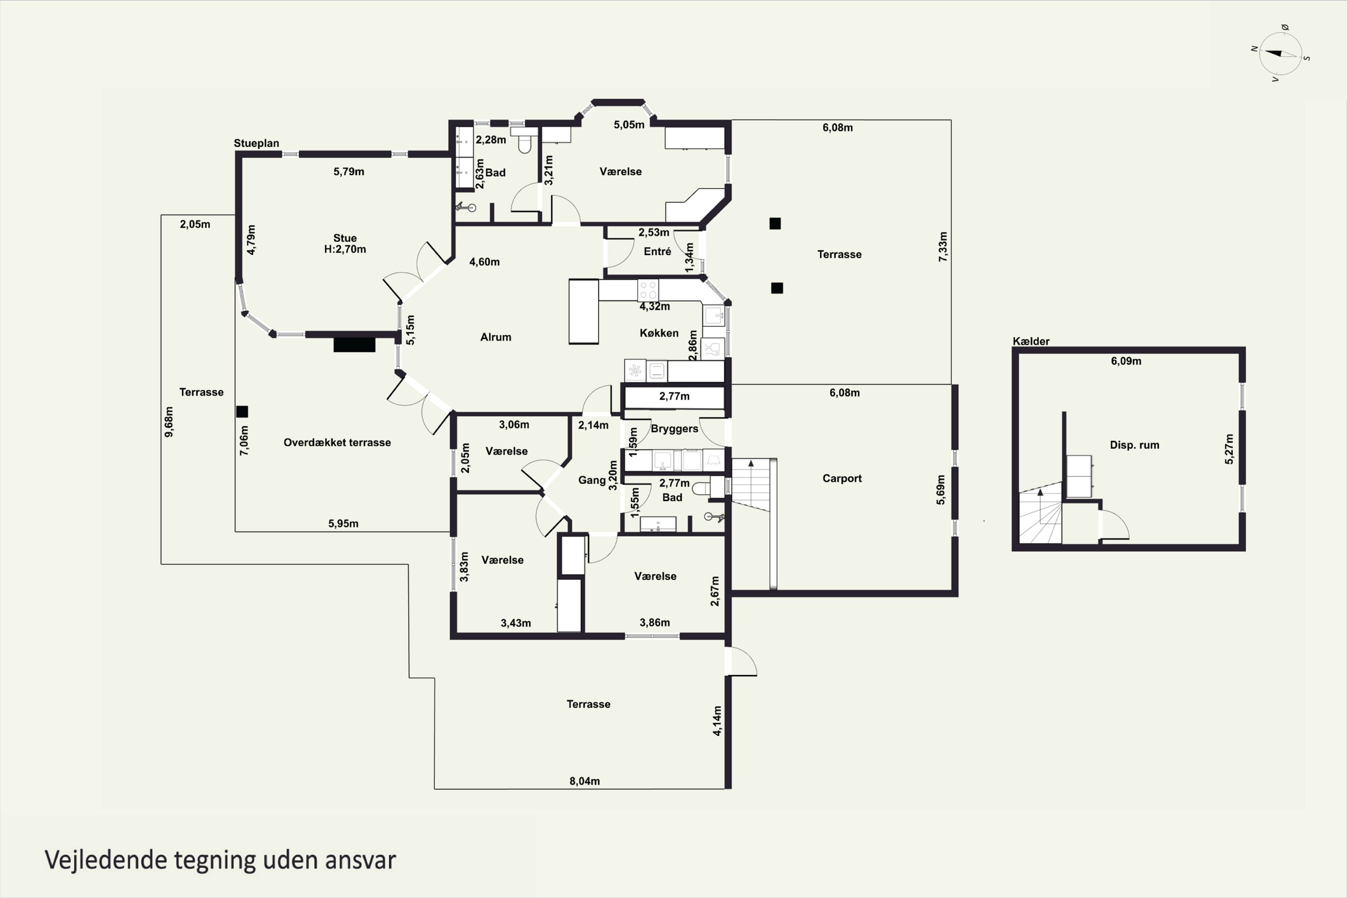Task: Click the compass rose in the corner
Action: point(1281,54)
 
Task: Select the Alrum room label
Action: point(495,337)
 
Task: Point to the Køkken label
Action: point(659,333)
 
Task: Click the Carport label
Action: point(842,478)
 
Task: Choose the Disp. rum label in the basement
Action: point(1134,445)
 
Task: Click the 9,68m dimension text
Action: point(169,422)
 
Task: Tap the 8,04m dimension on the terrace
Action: point(584,781)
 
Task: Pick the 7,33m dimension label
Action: point(942,247)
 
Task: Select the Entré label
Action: point(657,251)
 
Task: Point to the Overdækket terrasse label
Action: point(337,443)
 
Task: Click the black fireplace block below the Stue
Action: point(355,344)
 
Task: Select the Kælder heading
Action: point(1031,341)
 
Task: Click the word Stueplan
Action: point(256,143)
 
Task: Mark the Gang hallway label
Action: point(592,480)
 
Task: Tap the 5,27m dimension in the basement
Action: point(1229,449)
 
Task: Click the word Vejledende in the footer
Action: point(106,860)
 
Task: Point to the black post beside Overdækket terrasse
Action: point(242,411)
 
